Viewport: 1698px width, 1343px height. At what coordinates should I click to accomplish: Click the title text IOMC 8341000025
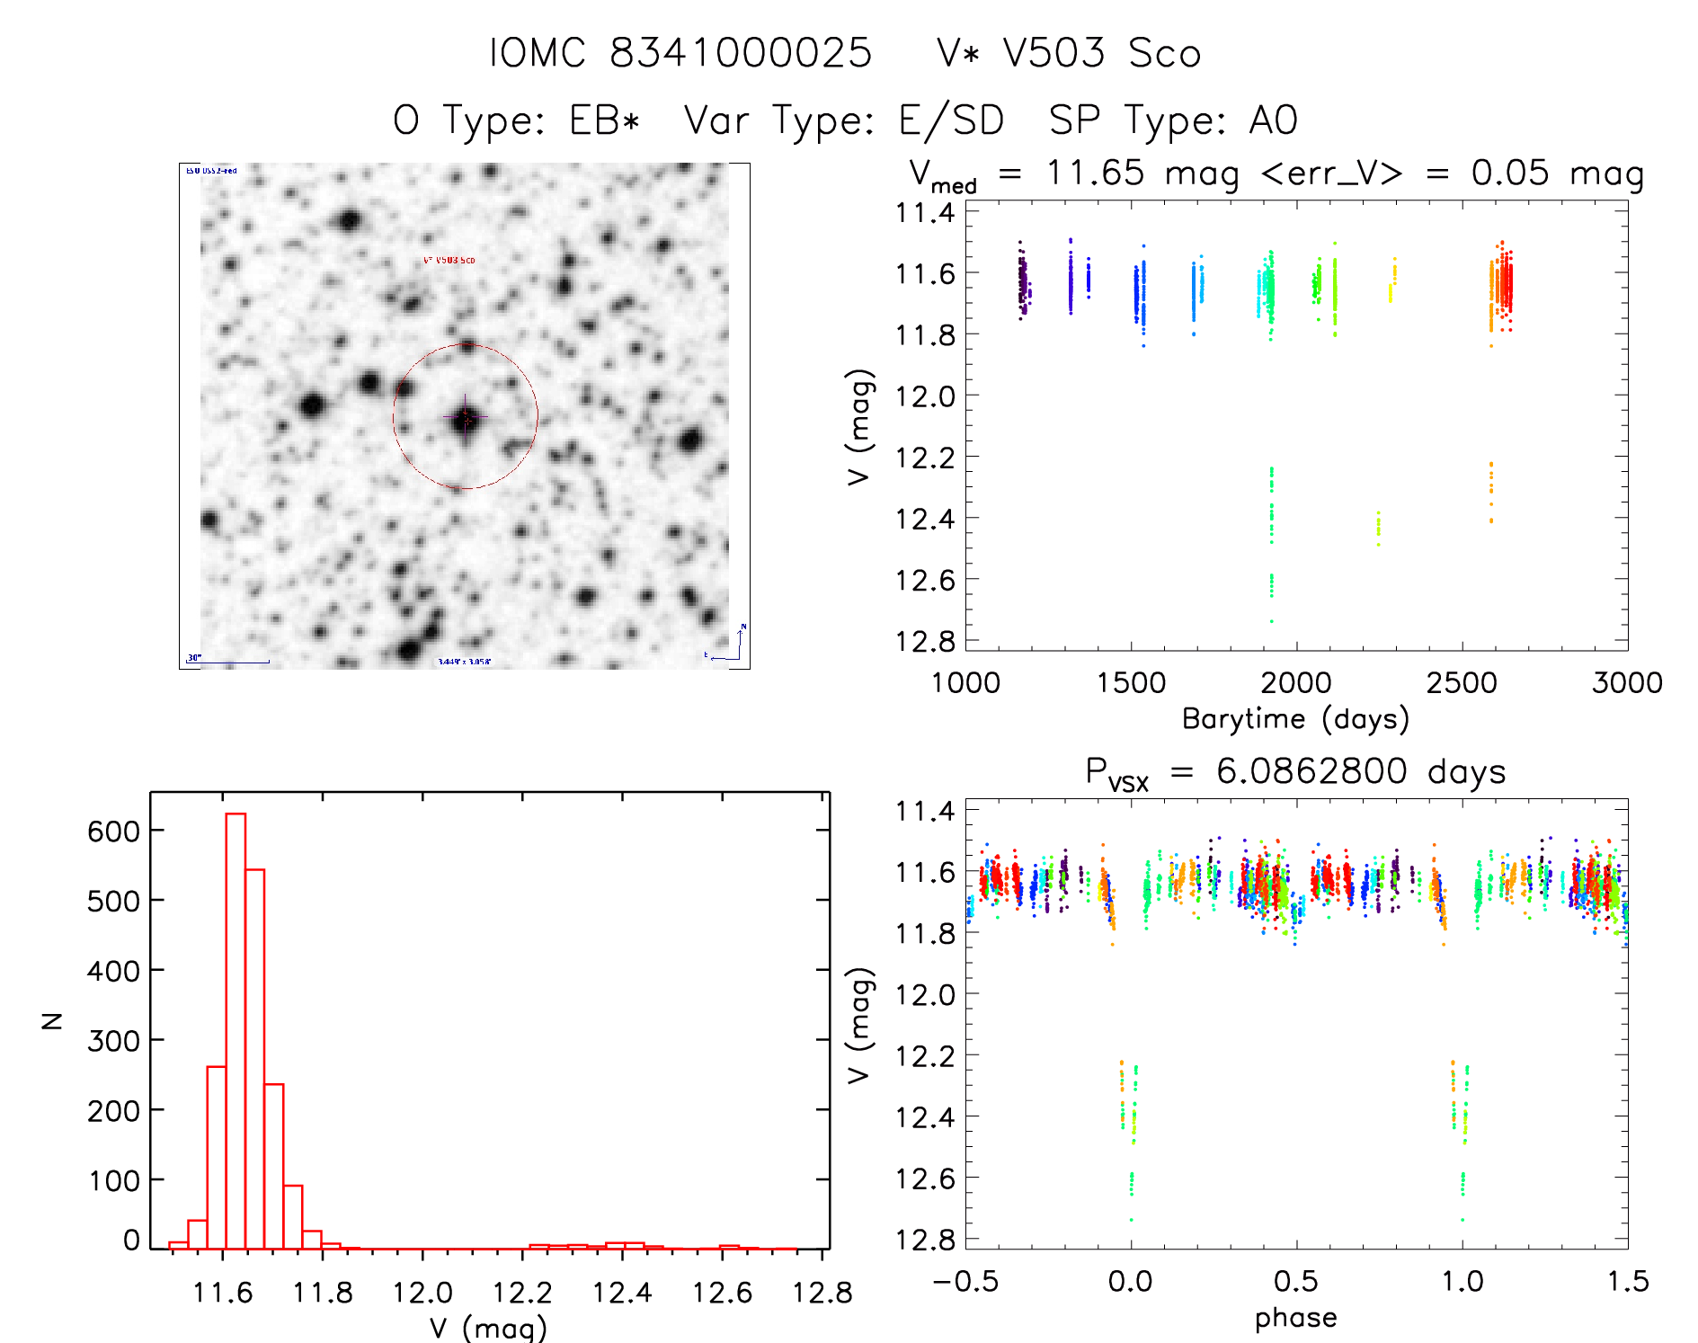click(x=680, y=53)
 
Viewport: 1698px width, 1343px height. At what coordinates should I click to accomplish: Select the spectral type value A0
click(x=1273, y=120)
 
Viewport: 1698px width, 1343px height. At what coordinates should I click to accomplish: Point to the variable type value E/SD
click(x=951, y=120)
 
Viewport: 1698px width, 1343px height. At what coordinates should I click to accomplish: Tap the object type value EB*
click(x=604, y=120)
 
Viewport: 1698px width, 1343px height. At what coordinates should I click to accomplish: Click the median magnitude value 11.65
click(x=1095, y=173)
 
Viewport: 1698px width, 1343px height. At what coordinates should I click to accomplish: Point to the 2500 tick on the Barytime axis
click(x=1462, y=682)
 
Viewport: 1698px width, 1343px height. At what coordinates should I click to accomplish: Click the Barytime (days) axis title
click(x=1295, y=719)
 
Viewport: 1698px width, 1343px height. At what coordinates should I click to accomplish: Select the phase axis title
click(x=1295, y=1318)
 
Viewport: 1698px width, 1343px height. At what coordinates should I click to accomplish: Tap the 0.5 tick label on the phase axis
click(x=1296, y=1281)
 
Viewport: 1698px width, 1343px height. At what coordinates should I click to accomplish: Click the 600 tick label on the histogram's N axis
click(x=113, y=831)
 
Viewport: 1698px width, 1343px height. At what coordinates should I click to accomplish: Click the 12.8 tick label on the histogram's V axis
click(x=822, y=1293)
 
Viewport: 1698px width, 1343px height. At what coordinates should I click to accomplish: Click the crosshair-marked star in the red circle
click(x=465, y=417)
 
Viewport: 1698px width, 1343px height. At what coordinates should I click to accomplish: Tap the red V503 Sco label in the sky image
click(x=449, y=261)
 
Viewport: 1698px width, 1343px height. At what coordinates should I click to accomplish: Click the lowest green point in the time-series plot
click(x=1271, y=621)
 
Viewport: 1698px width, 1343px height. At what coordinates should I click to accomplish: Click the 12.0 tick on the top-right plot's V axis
click(x=925, y=396)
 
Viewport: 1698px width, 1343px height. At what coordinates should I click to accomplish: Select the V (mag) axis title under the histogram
click(x=487, y=1328)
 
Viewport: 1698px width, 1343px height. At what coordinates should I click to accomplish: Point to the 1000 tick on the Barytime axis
click(x=965, y=682)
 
